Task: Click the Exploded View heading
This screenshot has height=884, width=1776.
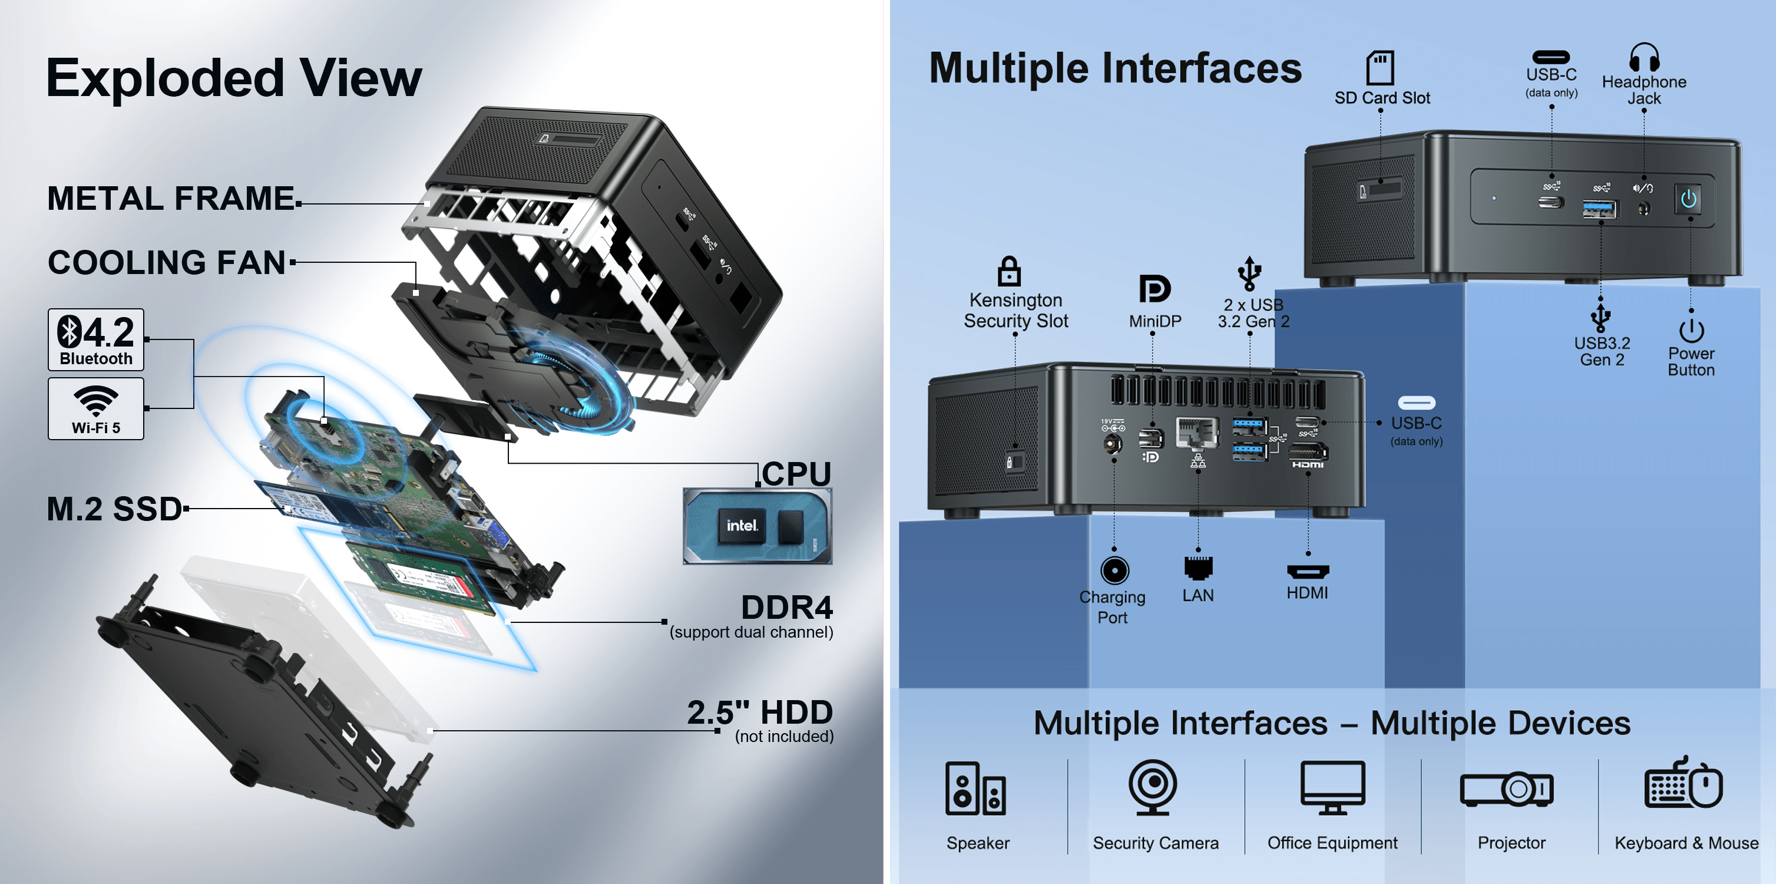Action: pos(234,78)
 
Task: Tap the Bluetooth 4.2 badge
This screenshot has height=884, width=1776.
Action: pos(96,339)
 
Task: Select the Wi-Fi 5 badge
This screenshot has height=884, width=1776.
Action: pos(96,409)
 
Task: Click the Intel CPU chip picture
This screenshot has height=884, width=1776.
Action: pos(757,526)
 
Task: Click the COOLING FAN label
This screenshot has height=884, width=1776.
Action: pos(167,263)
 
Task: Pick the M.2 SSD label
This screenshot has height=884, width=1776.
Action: pos(114,509)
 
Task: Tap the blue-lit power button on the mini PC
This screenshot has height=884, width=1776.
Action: pos(1688,200)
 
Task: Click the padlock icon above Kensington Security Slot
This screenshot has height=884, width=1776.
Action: pos(1008,271)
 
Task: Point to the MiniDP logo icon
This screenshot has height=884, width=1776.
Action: pos(1154,289)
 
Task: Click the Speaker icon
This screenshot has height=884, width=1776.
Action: pos(975,788)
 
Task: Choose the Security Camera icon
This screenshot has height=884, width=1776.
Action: pos(1153,787)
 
